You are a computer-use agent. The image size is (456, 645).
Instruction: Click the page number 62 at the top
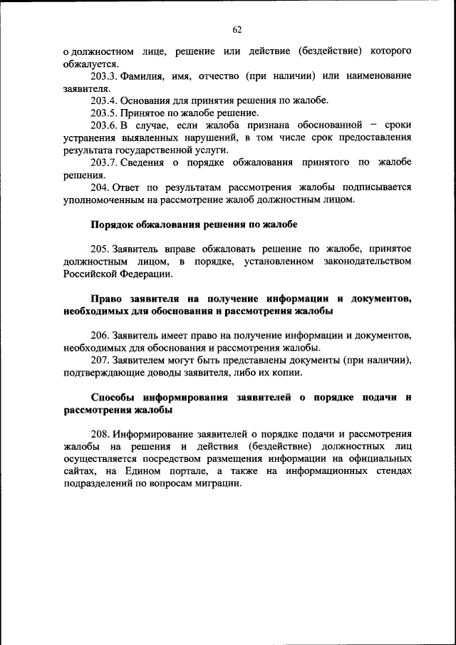[237, 29]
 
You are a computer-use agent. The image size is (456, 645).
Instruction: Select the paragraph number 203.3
[104, 76]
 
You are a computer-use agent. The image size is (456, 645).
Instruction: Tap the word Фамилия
[144, 76]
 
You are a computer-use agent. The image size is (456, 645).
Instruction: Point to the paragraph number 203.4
[104, 100]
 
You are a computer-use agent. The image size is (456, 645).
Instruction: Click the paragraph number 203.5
[104, 113]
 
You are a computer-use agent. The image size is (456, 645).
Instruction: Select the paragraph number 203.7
[104, 162]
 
